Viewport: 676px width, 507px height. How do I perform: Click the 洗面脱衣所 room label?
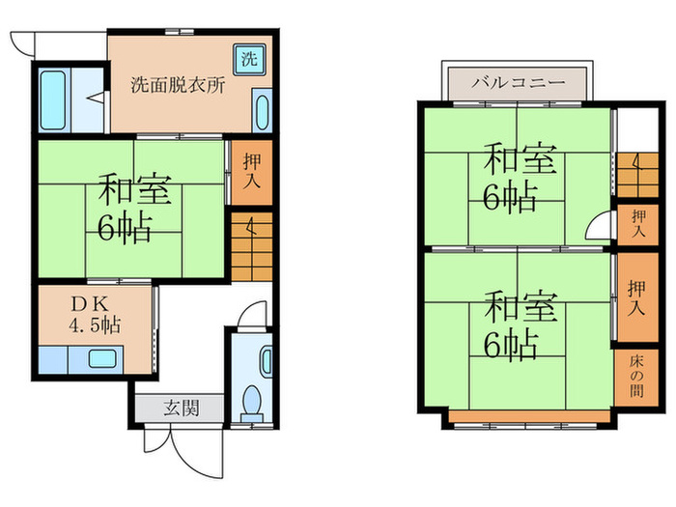[x=179, y=84]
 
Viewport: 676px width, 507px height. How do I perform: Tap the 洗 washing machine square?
[x=249, y=57]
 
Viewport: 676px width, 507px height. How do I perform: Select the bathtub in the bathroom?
[x=53, y=99]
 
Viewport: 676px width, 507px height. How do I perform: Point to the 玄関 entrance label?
[x=181, y=408]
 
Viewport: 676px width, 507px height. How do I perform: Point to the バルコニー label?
[x=518, y=83]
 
